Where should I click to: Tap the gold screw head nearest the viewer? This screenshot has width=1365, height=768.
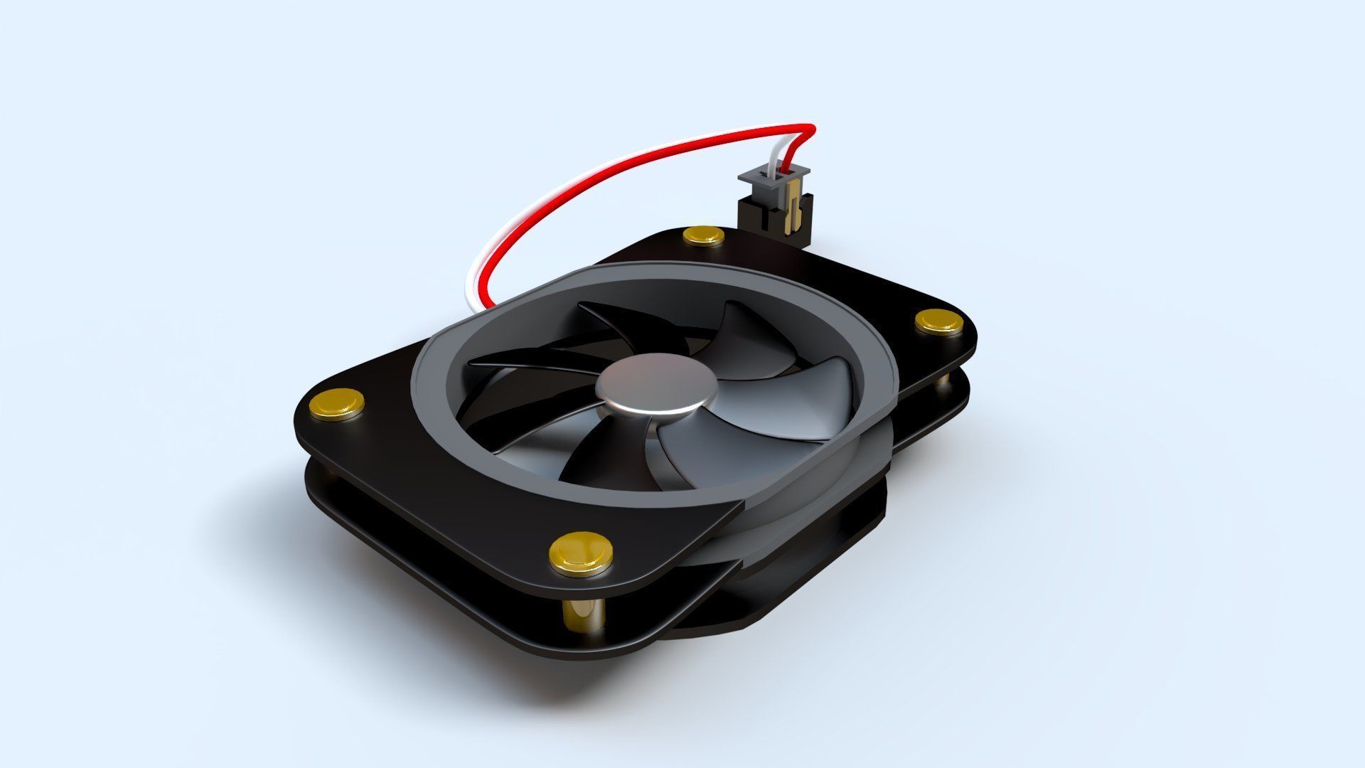[x=581, y=551]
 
